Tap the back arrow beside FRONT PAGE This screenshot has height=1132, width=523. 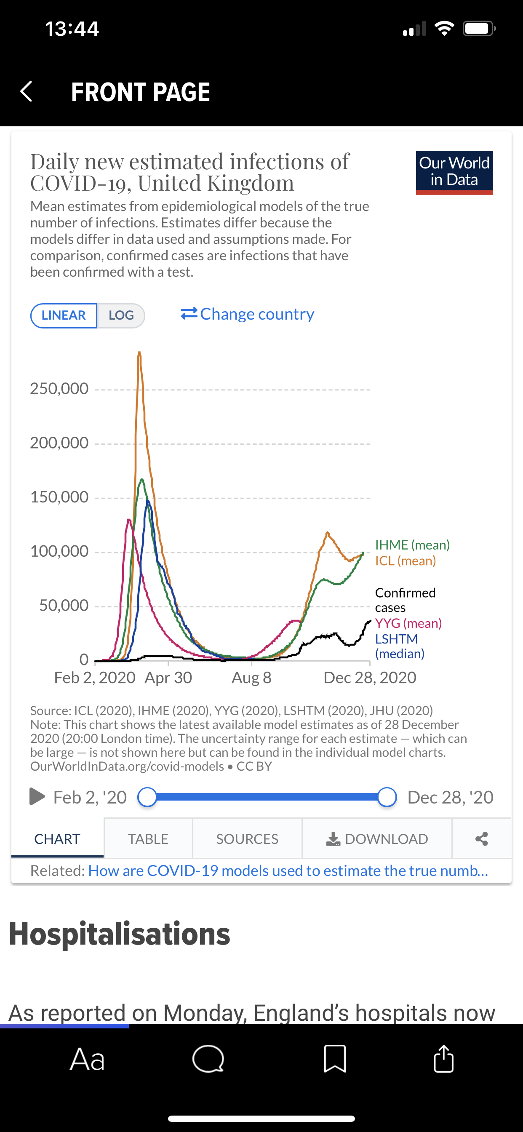[x=27, y=91]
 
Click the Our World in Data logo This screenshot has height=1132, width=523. [x=454, y=172]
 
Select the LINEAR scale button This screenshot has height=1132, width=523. [x=64, y=315]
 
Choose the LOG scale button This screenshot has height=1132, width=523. [x=121, y=315]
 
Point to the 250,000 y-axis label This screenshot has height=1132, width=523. [x=59, y=388]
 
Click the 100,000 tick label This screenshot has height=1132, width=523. [x=59, y=551]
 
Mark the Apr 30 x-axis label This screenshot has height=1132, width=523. [x=168, y=678]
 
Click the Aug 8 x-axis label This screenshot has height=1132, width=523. [x=251, y=678]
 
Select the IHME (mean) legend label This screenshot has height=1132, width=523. [x=412, y=545]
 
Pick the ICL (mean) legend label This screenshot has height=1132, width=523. [x=405, y=561]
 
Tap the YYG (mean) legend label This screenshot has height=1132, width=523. [x=408, y=623]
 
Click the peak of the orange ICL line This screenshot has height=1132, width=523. [x=139, y=353]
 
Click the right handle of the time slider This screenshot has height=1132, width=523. [x=387, y=797]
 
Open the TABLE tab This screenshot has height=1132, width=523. [x=148, y=839]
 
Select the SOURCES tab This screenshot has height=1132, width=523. [x=247, y=839]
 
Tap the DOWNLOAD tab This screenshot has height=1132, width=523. [x=377, y=839]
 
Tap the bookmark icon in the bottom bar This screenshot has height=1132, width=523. [x=335, y=1059]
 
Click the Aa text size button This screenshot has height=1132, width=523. [x=88, y=1059]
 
